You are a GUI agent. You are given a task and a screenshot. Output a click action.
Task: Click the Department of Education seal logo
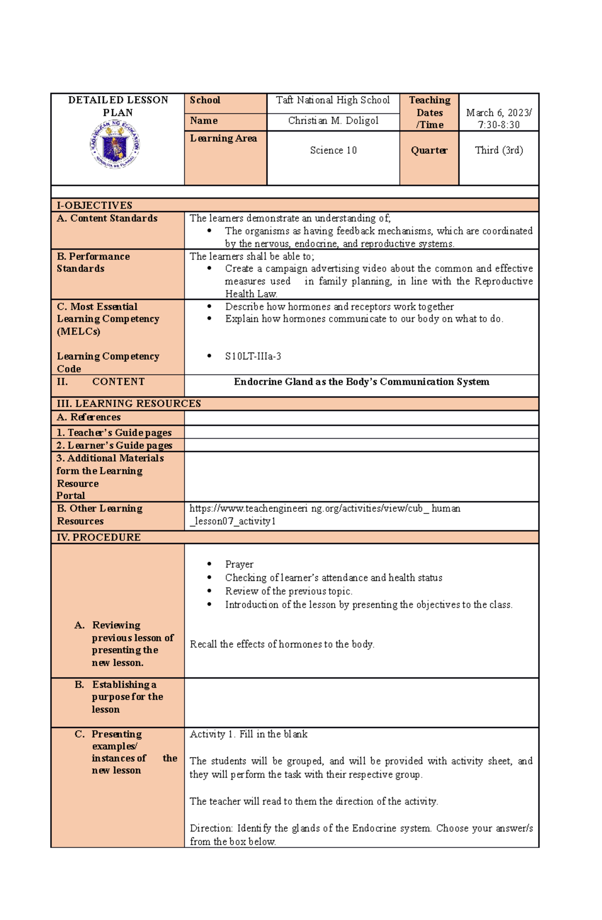[115, 145]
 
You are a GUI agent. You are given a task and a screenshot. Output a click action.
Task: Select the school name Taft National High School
[333, 100]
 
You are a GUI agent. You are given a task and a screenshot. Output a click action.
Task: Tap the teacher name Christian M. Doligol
[333, 121]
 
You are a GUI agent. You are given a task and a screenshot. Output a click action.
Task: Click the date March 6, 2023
[499, 113]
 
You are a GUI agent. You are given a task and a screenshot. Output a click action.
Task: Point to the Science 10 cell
[333, 150]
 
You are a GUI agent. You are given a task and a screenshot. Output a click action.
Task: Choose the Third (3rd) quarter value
[499, 150]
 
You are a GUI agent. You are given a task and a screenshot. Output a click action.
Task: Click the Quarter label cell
[429, 150]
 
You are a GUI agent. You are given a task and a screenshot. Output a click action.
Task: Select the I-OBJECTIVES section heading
[95, 205]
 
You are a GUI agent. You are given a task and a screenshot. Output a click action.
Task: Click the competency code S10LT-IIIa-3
[253, 356]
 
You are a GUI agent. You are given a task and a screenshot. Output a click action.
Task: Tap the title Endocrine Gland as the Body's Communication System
[361, 382]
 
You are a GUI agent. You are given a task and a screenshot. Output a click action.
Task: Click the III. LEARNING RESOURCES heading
[129, 404]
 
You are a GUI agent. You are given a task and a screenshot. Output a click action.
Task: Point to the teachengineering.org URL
[325, 514]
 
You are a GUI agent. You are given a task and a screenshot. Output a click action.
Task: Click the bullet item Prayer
[239, 565]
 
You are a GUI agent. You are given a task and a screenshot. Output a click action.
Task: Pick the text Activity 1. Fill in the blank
[248, 734]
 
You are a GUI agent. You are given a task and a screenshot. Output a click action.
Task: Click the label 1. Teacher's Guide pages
[114, 433]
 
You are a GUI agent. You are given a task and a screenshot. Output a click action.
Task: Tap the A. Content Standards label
[107, 219]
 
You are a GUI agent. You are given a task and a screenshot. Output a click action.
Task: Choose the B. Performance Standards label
[93, 263]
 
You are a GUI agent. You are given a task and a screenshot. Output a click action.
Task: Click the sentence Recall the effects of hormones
[282, 644]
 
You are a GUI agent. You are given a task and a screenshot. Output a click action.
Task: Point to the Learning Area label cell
[224, 139]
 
